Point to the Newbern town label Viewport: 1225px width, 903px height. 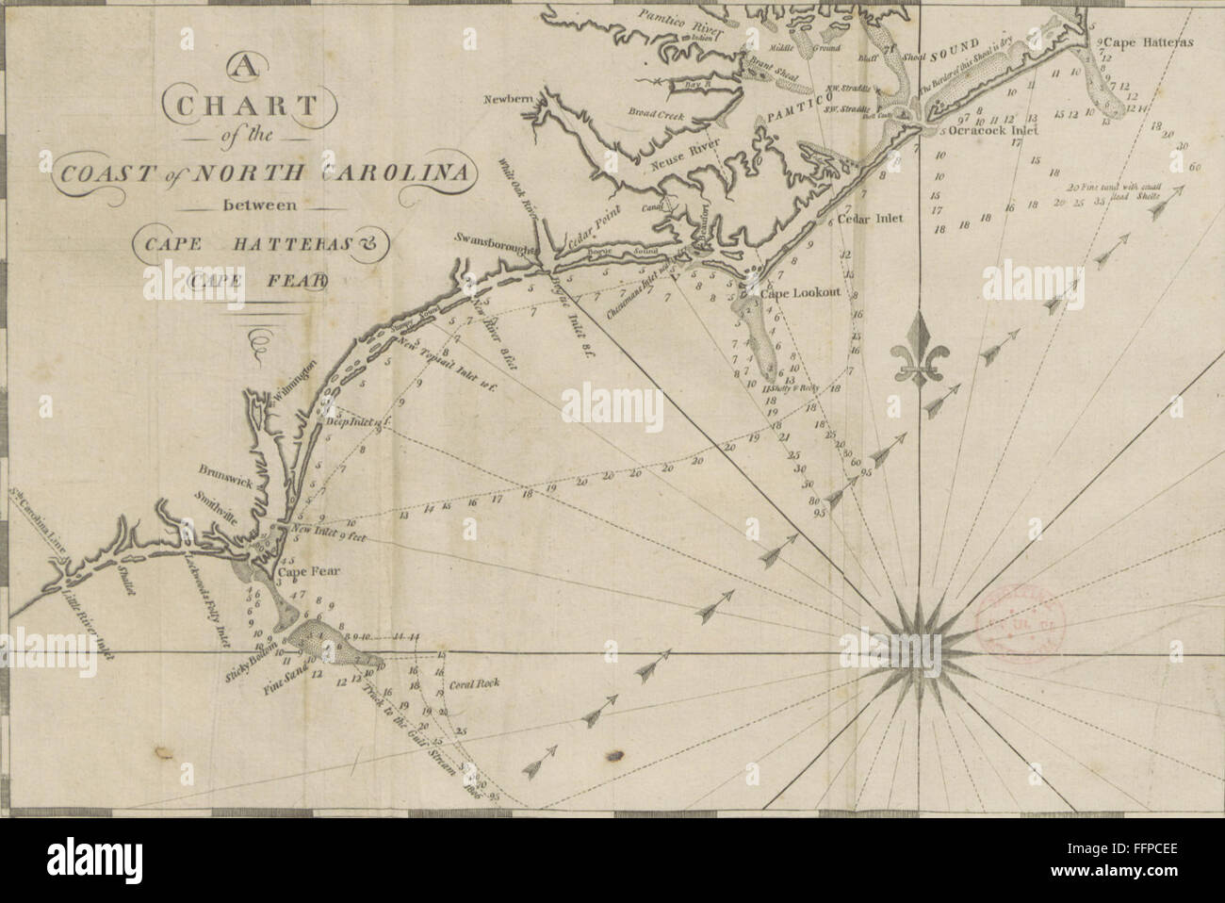coord(510,99)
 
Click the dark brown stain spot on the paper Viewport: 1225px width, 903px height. coord(616,754)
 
